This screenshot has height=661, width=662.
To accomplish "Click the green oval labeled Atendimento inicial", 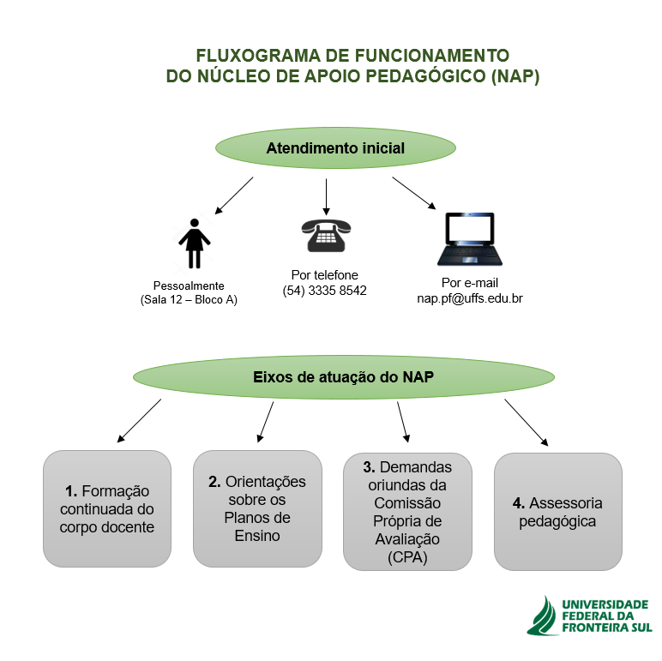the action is [335, 147].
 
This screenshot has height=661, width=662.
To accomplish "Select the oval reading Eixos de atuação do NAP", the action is [344, 377].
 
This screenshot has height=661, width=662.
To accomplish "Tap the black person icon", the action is [194, 243].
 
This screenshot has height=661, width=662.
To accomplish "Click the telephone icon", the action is [326, 236].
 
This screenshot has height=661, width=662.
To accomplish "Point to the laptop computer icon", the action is [470, 239].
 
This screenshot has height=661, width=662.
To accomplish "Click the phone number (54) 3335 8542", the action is [325, 291].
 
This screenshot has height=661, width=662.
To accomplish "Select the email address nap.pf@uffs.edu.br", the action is [470, 298].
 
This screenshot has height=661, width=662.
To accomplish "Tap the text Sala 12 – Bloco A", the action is [189, 300].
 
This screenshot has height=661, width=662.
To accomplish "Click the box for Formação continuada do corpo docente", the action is [107, 508].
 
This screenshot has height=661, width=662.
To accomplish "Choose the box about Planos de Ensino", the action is [257, 508].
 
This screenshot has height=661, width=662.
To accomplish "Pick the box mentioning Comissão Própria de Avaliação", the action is [407, 512].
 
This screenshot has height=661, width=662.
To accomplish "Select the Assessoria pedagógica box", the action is [558, 512].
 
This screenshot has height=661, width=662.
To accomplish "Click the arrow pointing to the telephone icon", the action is [326, 196].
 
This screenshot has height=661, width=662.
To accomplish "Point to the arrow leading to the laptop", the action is [413, 193].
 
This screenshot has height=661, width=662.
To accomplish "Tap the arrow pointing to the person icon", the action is [234, 195].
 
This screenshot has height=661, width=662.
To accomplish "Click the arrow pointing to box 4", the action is [527, 423].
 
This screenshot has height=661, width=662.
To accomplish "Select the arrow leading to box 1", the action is [139, 421].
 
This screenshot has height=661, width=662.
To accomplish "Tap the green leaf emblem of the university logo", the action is [543, 616].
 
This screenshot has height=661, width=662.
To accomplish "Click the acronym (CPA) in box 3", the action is [407, 557].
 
